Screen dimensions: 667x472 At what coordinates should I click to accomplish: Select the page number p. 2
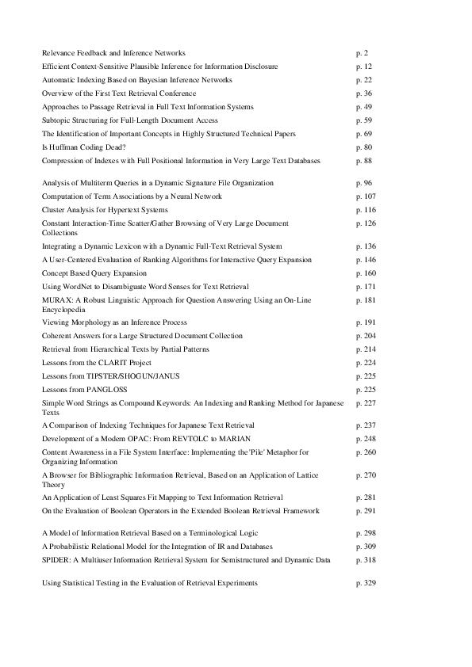[x=362, y=52]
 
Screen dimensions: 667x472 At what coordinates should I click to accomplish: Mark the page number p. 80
[x=364, y=147]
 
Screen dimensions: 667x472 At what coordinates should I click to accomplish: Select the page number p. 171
[x=365, y=286]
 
